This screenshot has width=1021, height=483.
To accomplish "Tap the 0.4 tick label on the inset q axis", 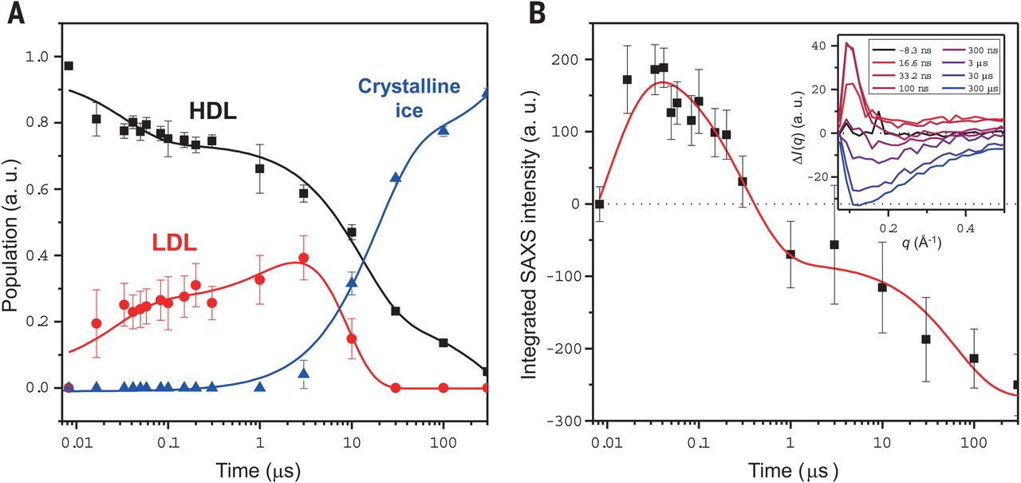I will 965,227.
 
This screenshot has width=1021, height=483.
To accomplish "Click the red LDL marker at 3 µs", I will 303,259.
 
